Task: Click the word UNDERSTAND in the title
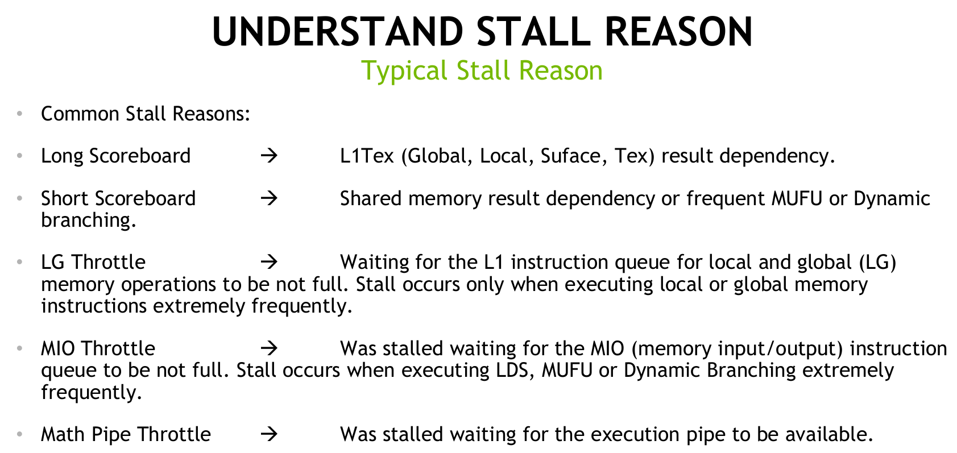[x=338, y=32]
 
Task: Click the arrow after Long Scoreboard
[x=269, y=155]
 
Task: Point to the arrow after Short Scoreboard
[x=269, y=198]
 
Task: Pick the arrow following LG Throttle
[x=269, y=261]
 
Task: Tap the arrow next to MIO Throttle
[x=269, y=348]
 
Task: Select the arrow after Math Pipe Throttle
[x=269, y=434]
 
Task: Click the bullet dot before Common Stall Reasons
[x=19, y=114]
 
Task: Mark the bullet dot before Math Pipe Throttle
[x=19, y=435]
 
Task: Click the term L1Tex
[x=367, y=156]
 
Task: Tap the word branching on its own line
[x=89, y=221]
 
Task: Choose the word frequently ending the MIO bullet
[x=92, y=392]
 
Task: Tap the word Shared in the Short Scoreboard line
[x=370, y=198]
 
